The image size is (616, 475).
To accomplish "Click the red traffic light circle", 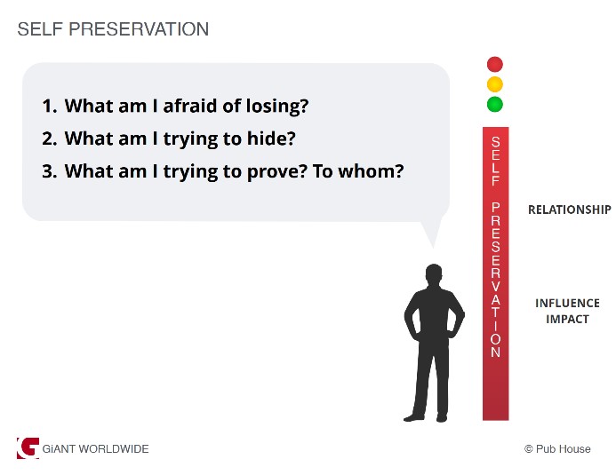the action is point(494,64).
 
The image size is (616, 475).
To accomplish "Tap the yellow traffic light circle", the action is point(494,84).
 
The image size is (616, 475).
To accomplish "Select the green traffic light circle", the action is point(494,105).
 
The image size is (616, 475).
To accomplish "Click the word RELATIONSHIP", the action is point(569,210).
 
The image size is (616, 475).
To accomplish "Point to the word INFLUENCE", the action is point(567,303).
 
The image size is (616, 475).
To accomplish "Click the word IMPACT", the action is point(567,320).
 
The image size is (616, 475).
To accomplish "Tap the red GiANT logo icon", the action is point(28,448).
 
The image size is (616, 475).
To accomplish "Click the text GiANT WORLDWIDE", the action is point(95,448).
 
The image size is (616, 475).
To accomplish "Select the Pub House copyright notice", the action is point(557,448).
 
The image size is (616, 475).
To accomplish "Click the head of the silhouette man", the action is point(434,273).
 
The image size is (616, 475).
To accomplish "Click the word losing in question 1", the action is point(277,107).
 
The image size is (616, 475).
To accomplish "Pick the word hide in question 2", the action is point(271,139).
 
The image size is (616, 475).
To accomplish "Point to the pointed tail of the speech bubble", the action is point(433,247).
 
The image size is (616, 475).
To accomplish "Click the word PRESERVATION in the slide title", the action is point(139,29).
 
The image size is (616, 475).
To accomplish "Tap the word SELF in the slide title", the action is point(41,29).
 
